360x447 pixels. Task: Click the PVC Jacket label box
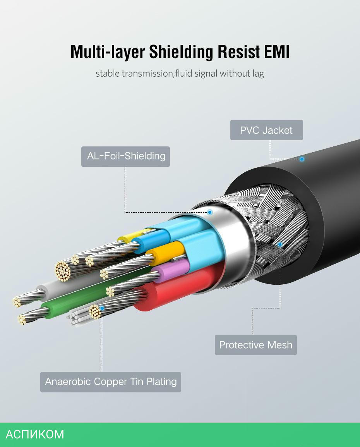pos(266,130)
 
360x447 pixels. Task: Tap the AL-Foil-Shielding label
pos(125,156)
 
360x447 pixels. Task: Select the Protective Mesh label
pos(256,345)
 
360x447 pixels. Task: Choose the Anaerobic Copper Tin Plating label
pos(110,382)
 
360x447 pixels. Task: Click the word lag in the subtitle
pos(258,74)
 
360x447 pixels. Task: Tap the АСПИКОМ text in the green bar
pos(35,435)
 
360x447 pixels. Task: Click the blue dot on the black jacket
pos(302,159)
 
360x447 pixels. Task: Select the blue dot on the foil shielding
pos(210,212)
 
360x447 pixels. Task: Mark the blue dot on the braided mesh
pos(280,244)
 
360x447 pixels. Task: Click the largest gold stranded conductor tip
pos(63,271)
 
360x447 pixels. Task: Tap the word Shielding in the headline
pos(181,52)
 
